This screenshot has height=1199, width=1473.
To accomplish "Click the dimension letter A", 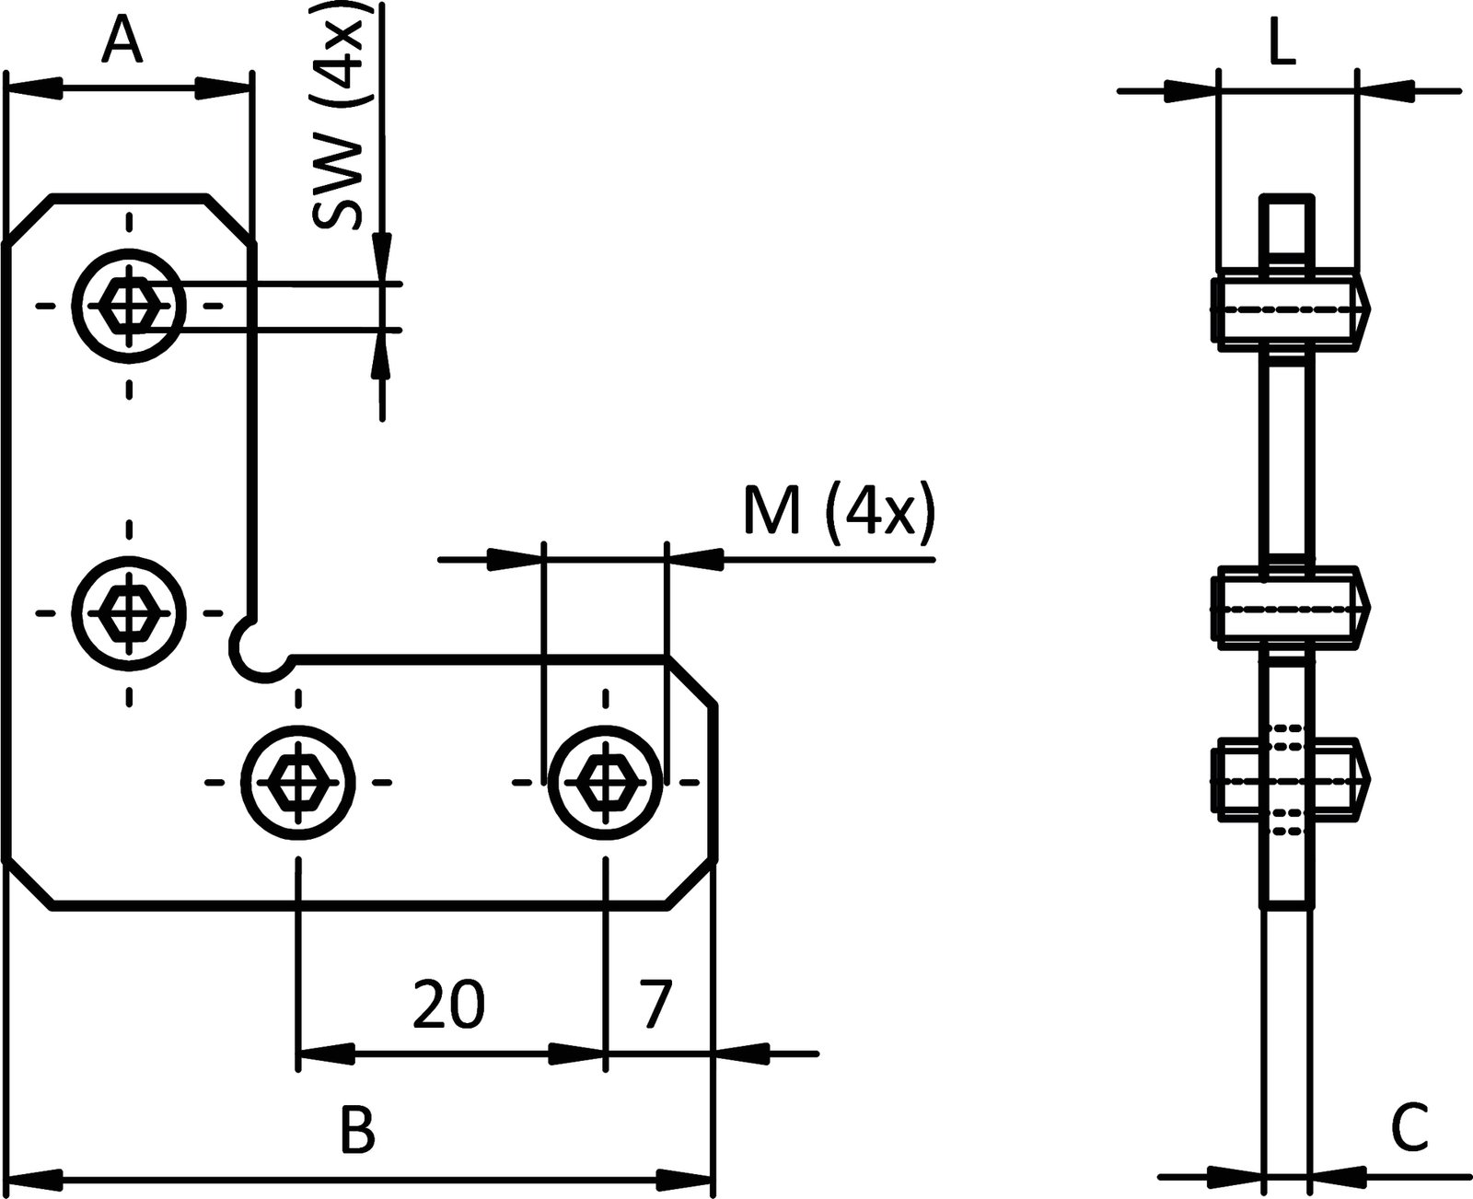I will (122, 42).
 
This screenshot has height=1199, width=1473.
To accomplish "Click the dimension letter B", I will (357, 1130).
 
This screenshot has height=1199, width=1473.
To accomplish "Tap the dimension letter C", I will (1409, 1126).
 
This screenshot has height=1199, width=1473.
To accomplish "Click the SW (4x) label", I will (340, 115).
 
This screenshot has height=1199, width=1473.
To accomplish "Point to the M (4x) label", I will (839, 512).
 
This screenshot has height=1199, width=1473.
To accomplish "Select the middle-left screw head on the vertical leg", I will (130, 611).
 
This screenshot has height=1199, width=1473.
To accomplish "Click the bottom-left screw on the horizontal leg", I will (298, 782).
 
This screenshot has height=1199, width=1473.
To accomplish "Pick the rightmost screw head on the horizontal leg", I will (606, 782).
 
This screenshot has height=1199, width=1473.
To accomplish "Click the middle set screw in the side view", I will (1289, 608).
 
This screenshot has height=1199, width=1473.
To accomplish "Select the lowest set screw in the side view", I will (1289, 779).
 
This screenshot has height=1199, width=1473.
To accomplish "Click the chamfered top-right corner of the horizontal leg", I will (692, 681).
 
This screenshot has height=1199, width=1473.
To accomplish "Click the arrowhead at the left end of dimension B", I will (32, 1177).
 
